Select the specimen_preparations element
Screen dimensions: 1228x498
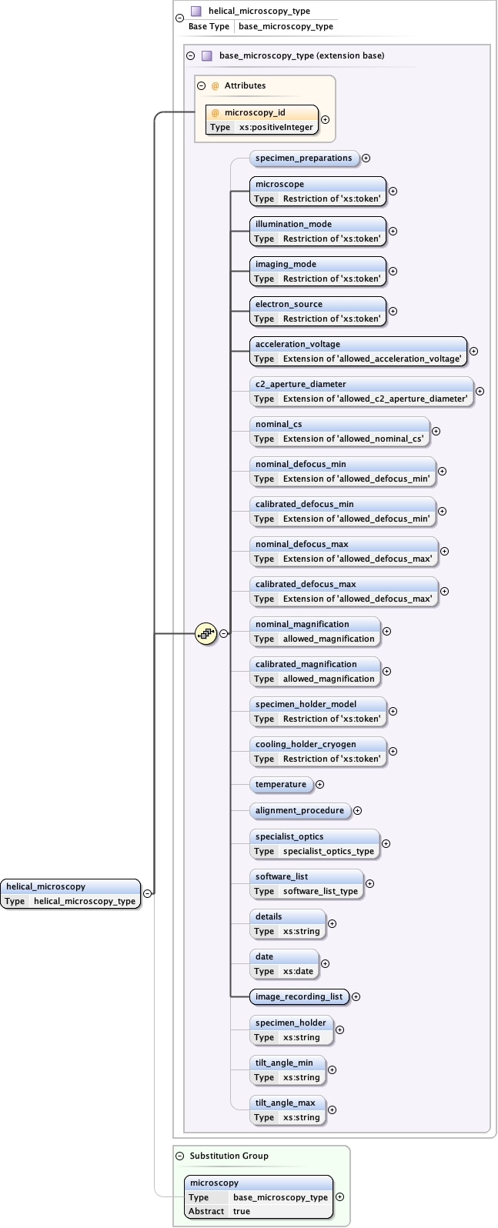click(x=304, y=159)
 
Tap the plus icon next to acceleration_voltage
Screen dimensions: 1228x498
click(x=473, y=351)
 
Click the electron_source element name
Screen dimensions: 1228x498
click(x=289, y=305)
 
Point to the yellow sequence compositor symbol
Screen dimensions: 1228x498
click(x=206, y=634)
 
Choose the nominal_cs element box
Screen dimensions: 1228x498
click(x=339, y=431)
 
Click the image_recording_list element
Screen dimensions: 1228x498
click(x=299, y=996)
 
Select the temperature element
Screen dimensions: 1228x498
click(x=281, y=785)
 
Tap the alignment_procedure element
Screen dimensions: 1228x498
click(x=299, y=811)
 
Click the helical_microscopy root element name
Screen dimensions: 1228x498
click(x=45, y=886)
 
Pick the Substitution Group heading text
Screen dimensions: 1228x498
click(x=229, y=1156)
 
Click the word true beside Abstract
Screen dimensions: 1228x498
click(x=242, y=1211)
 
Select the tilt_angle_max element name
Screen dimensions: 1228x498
click(x=285, y=1103)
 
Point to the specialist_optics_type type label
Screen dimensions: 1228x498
click(x=328, y=851)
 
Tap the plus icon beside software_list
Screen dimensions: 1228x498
click(x=369, y=883)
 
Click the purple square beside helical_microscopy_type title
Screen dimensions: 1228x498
click(x=196, y=12)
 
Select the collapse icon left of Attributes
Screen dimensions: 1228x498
click(x=202, y=86)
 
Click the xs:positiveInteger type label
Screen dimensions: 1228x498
click(x=276, y=127)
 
